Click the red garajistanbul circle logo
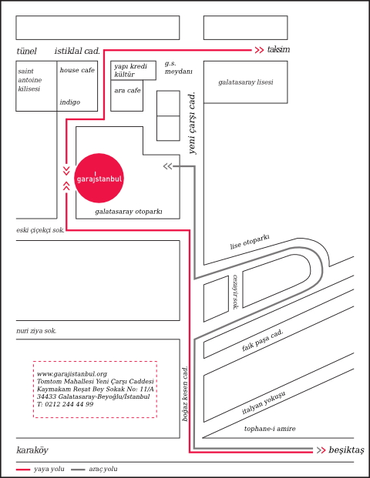[99, 178]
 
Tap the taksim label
[278, 49]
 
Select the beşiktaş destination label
[347, 450]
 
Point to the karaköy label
[32, 450]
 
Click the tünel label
[26, 51]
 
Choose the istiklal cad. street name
[77, 51]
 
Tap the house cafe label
[77, 70]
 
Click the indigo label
[70, 102]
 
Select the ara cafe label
[127, 90]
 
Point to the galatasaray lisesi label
[246, 82]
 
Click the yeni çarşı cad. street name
[193, 123]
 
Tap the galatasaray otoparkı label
[129, 211]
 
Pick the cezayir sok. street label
[235, 292]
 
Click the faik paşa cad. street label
[263, 340]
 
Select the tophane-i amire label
[270, 429]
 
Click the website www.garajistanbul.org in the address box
[72, 374]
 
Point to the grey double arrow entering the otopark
[167, 166]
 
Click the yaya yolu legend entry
[40, 469]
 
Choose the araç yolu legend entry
[94, 469]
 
